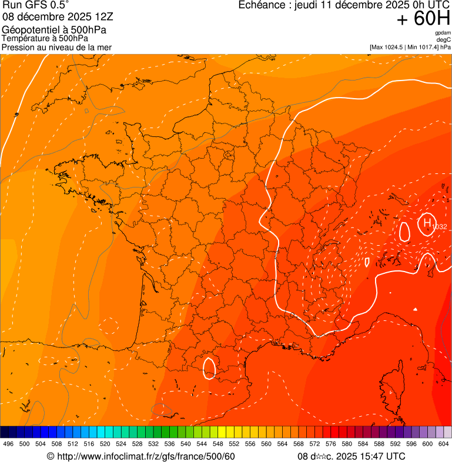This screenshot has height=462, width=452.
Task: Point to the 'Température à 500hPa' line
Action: pos(45,38)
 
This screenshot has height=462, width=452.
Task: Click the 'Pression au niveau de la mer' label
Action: pos(57,47)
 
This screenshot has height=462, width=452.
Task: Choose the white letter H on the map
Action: pos(427,222)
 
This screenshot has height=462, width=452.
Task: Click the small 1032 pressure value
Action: pos(439,227)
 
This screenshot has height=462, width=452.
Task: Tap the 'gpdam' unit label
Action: pos(443,33)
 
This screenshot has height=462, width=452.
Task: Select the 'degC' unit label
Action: pos(444,39)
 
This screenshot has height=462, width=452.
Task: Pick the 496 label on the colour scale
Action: pos(8,444)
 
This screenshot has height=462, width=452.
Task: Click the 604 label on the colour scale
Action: pos(444,444)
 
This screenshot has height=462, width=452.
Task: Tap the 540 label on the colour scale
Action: pos(186,444)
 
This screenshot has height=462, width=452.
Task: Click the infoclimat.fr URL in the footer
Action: pos(146,457)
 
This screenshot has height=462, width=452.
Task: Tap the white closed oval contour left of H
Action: pos(404,231)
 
